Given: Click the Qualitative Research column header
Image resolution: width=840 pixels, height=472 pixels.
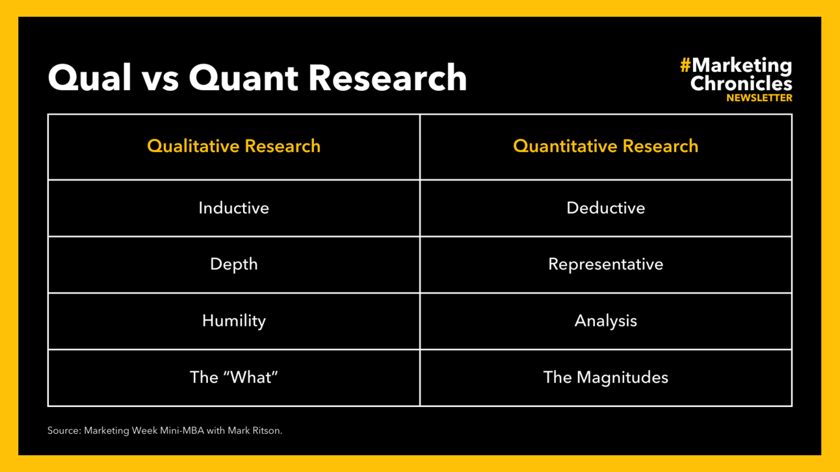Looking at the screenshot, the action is pos(233,146).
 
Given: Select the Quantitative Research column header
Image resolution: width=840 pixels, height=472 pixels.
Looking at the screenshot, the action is pos(606,146).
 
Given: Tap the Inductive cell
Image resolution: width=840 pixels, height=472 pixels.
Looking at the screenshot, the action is pos(233,208).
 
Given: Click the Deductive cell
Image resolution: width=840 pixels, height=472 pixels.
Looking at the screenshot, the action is pos(606,208).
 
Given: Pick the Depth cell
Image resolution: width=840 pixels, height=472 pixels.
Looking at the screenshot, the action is pos(233,264).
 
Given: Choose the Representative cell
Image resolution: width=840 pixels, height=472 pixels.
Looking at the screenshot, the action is pos(606,264).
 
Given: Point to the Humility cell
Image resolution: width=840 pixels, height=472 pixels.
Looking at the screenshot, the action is pos(233,321).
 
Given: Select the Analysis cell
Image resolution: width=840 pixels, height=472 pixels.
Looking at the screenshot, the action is pos(606,321).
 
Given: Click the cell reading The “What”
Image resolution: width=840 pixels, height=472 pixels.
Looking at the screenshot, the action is pos(233,377).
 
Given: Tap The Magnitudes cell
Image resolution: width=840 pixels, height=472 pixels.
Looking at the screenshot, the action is pos(606,378).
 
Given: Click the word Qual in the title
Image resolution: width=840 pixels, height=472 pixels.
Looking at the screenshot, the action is pos(90,77).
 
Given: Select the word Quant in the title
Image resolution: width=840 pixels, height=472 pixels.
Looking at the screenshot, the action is pos(243,77).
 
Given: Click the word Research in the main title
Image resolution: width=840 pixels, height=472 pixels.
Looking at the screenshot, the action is pos(387,77).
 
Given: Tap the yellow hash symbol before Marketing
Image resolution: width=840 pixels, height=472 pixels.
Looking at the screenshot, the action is pos(685,65).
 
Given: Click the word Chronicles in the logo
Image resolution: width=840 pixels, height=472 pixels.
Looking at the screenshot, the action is pos(741,83).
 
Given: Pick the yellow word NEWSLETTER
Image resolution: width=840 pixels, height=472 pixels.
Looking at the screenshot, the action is pos(759,98).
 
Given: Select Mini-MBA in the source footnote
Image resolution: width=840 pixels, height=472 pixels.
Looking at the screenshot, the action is pos(182,430).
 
